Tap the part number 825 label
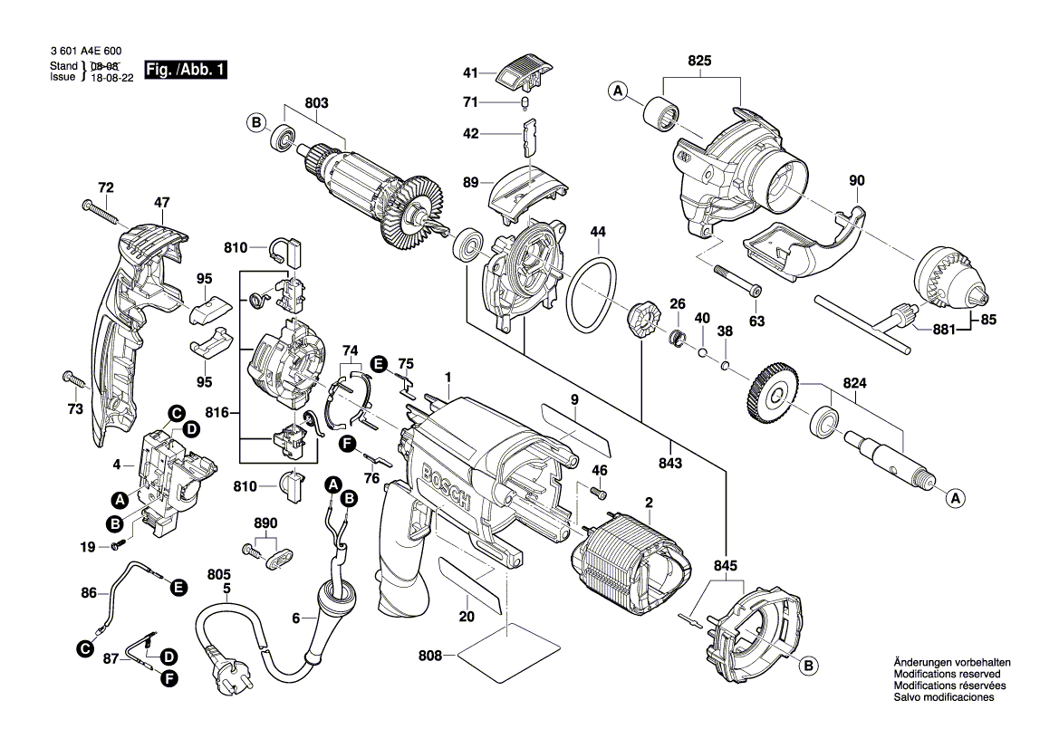[x=700, y=62]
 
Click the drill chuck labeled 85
[x=950, y=280]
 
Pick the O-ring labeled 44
[x=593, y=294]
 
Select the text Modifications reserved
[x=947, y=675]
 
